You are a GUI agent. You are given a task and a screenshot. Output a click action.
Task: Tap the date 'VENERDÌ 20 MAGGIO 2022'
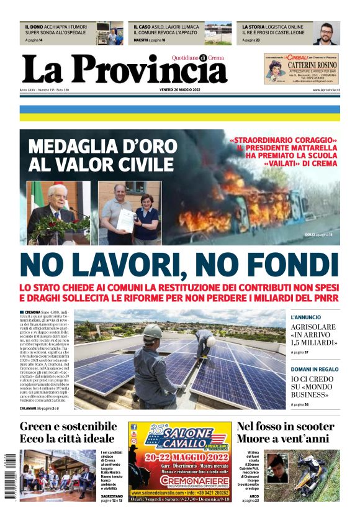coord(180,90)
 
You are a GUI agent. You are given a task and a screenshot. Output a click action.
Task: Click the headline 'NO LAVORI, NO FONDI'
coord(179,265)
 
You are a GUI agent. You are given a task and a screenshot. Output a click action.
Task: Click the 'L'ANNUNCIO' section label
coord(306,317)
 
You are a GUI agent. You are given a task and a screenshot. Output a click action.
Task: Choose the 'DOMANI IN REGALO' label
coord(315,369)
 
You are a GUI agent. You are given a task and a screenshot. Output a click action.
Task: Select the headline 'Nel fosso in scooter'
coord(286,426)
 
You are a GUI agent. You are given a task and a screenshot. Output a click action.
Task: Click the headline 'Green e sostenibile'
coord(68,426)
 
